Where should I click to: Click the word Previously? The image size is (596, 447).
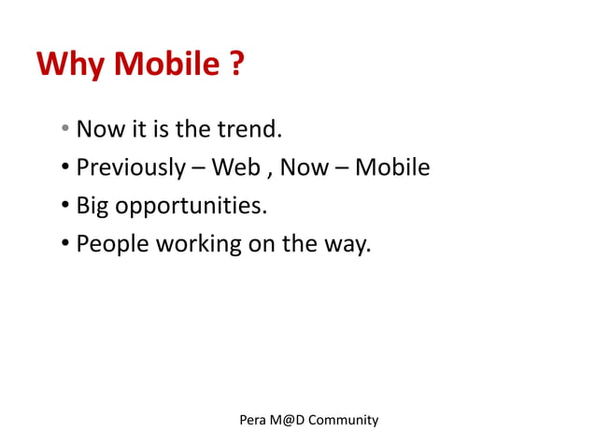(x=131, y=168)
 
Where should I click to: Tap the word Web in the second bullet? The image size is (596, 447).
(x=236, y=168)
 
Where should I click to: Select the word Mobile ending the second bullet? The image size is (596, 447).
(x=393, y=168)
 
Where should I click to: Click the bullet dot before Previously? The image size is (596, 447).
(x=66, y=169)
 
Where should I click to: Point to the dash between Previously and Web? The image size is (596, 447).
(x=198, y=169)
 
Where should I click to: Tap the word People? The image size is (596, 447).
(x=111, y=245)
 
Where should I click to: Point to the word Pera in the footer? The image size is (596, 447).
(x=252, y=420)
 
